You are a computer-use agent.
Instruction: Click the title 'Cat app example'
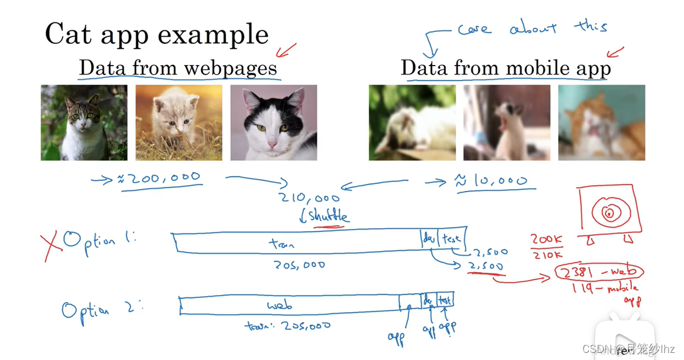tap(157, 34)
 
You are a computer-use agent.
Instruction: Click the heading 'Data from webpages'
tap(178, 68)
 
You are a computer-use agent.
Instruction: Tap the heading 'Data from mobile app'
tap(505, 68)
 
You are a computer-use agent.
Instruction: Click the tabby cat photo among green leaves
tap(84, 122)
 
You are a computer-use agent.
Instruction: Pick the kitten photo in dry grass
tap(179, 122)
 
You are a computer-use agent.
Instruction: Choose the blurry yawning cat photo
tap(507, 122)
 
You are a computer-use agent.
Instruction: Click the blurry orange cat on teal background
tap(601, 122)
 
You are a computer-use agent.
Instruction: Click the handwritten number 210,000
tap(311, 198)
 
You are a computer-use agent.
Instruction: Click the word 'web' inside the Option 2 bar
tap(280, 306)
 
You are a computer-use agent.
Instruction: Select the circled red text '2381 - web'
tap(598, 272)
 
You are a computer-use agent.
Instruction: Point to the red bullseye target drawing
tap(609, 212)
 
